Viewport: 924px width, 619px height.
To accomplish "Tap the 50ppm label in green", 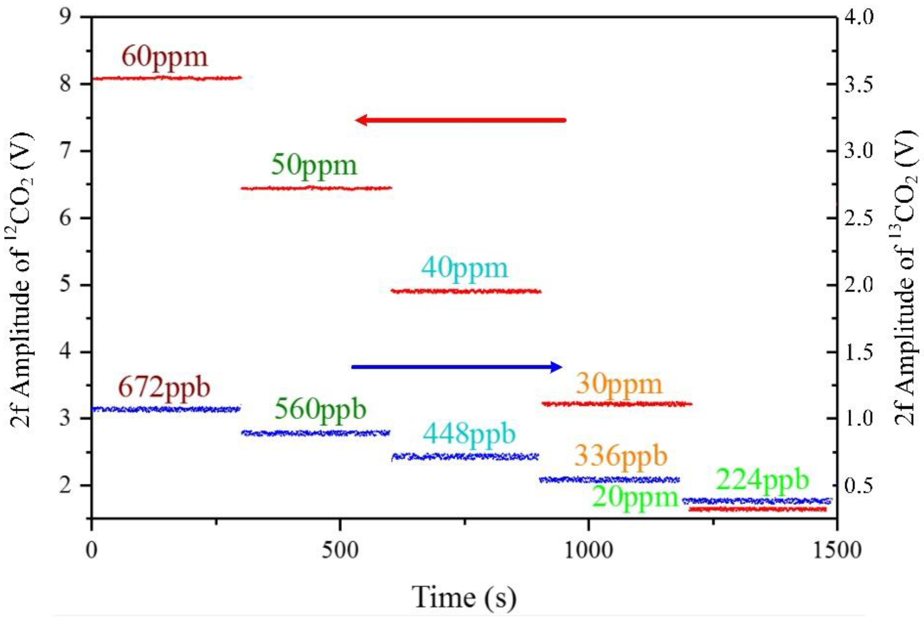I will click(314, 166).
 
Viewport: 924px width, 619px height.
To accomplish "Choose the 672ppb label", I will click(164, 388).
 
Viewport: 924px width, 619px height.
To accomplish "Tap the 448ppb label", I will click(469, 435).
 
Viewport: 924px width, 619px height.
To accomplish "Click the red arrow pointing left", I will click(460, 120).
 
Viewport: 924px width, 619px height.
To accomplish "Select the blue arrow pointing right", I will click(456, 367).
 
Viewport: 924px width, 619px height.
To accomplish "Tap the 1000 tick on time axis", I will click(588, 551).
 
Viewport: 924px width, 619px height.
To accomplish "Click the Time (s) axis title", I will click(464, 596).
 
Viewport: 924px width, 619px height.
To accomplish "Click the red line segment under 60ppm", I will click(166, 78).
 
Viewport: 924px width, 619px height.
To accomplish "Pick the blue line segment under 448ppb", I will click(465, 457).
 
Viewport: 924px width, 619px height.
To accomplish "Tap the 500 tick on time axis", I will click(340, 551).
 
